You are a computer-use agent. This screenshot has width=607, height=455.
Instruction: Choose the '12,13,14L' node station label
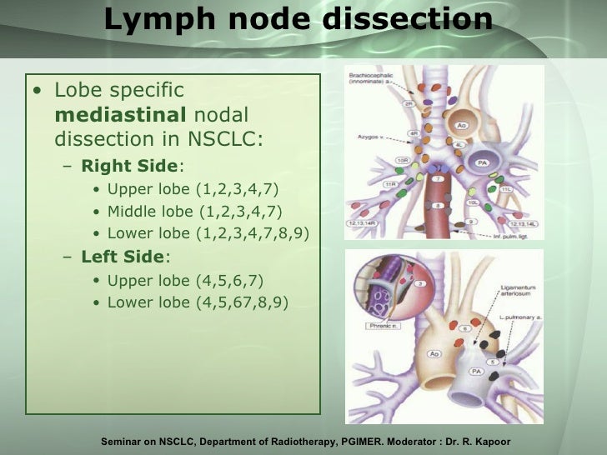522,224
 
